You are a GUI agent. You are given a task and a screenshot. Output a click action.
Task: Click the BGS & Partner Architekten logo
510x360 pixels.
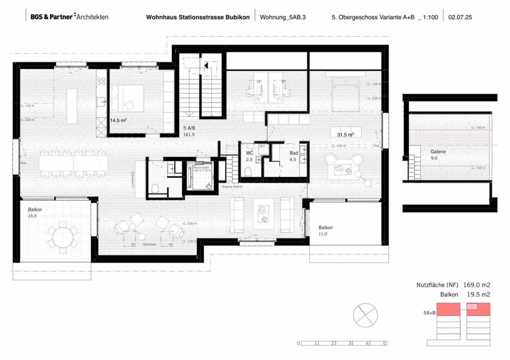coord(69,17)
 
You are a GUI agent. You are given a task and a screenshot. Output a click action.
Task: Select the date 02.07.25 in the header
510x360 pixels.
coord(461,17)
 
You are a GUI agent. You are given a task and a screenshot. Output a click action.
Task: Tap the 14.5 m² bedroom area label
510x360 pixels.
coord(118,121)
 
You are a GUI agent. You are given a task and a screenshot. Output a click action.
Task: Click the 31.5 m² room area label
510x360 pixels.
coord(345,134)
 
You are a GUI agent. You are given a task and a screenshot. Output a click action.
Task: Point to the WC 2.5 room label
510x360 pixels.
coord(249,156)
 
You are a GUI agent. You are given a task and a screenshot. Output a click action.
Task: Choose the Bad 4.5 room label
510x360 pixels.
coord(279,156)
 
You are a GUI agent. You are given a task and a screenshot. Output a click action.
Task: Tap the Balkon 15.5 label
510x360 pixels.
coord(34,213)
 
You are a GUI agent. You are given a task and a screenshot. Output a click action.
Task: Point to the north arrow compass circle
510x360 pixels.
coord(365,313)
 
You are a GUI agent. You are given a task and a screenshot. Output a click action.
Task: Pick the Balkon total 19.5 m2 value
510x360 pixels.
coord(476,295)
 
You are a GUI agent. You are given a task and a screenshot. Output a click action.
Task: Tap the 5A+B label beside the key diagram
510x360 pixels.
coord(429,312)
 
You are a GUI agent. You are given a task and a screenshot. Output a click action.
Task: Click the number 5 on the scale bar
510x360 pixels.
coord(385,344)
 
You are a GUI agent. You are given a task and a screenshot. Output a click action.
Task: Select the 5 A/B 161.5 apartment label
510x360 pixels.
coord(189,132)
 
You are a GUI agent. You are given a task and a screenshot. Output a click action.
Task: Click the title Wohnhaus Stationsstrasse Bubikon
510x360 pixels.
coord(198,17)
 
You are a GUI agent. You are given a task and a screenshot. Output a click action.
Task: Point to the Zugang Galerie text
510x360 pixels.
coord(232,188)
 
